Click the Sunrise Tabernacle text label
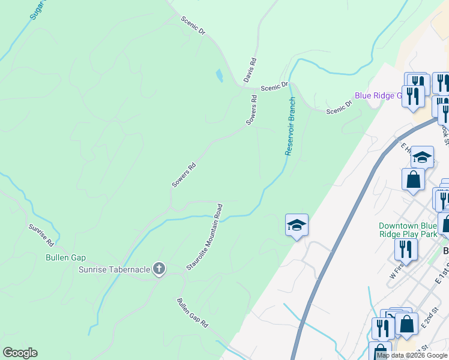pyautogui.click(x=115, y=269)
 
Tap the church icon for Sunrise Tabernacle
pyautogui.click(x=159, y=268)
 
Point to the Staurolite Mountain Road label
pyautogui.click(x=205, y=237)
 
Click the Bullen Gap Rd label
pyautogui.click(x=193, y=313)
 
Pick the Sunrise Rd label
pyautogui.click(x=41, y=235)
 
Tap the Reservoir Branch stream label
pyautogui.click(x=291, y=126)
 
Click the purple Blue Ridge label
pyautogui.click(x=378, y=95)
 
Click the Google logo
pyautogui.click(x=20, y=353)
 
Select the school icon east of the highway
pyautogui.click(x=422, y=157)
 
